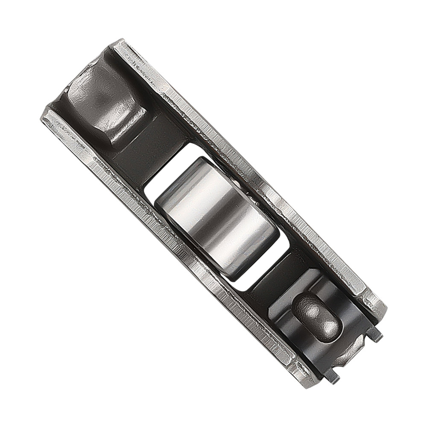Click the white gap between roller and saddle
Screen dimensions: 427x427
pos(167,171)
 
